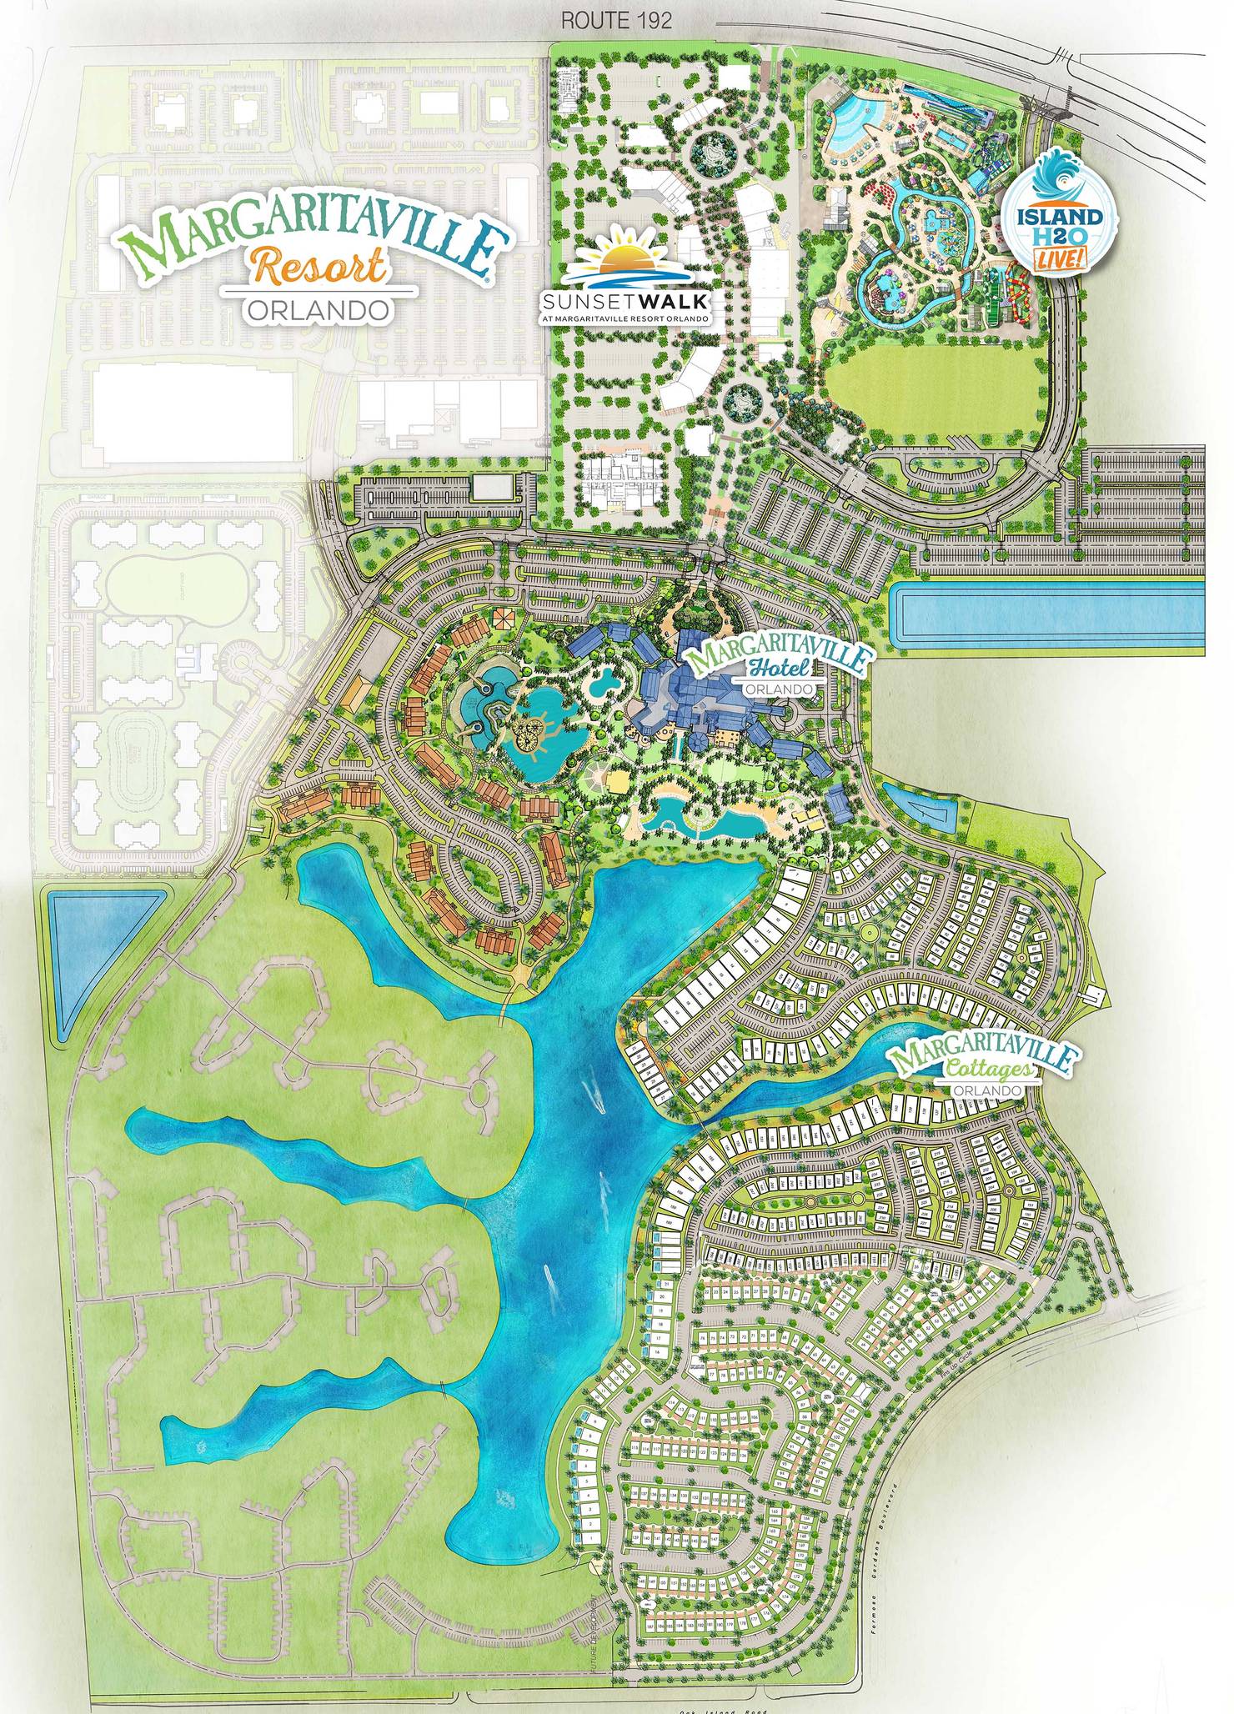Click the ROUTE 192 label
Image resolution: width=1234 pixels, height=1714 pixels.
616,22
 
